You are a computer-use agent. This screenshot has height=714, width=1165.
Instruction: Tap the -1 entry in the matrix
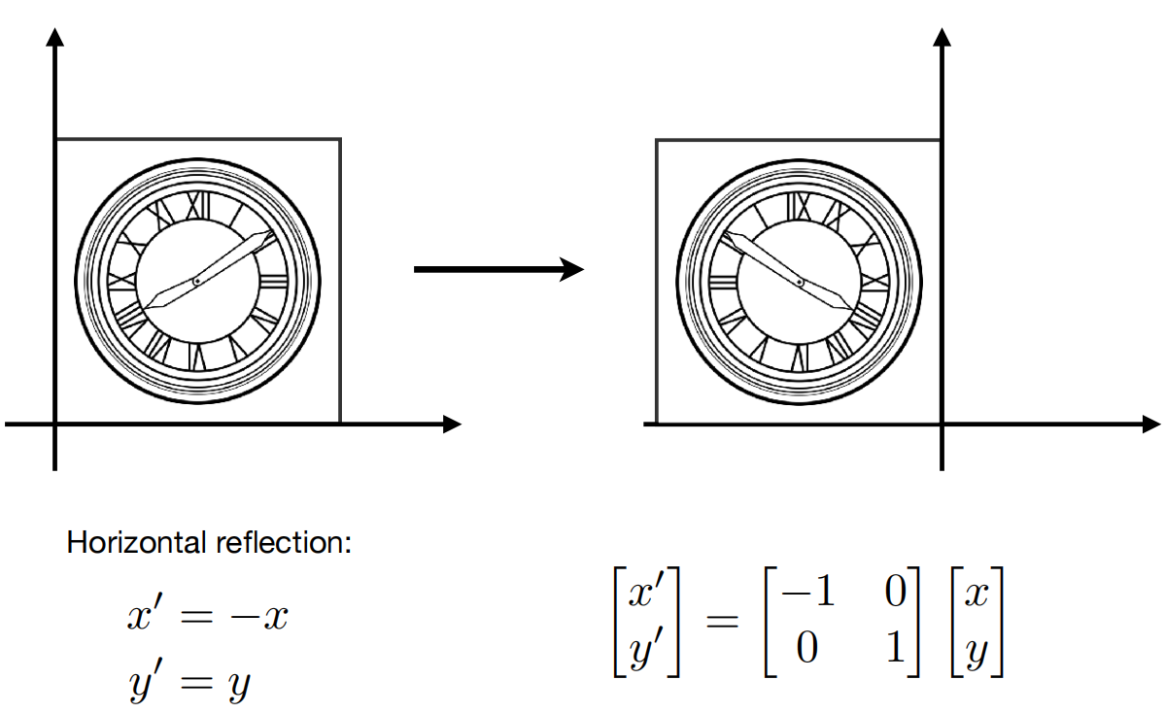pos(807,592)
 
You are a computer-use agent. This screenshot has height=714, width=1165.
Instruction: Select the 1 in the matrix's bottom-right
pos(895,647)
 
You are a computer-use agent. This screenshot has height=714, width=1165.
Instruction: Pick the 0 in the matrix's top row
pos(895,592)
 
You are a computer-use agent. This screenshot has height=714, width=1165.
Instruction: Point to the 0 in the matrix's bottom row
pos(806,647)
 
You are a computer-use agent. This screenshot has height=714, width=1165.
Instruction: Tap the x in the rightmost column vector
pos(977,595)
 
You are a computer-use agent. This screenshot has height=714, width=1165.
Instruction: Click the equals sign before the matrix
pos(722,621)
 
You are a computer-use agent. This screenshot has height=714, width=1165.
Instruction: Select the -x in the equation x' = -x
pos(259,617)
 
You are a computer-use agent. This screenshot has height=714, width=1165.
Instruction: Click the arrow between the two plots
pos(498,269)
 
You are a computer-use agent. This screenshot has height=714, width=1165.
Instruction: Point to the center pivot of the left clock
pos(197,282)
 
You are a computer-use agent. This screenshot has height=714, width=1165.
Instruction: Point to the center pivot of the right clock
pos(800,282)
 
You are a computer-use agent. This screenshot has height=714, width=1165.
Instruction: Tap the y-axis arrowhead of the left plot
pos(55,36)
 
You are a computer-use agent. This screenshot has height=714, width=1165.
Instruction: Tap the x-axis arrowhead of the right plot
pos(1150,425)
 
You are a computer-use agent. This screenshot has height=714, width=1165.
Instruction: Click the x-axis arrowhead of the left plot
pos(453,425)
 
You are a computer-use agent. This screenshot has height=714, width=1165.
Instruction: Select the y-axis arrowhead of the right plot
pos(942,36)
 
